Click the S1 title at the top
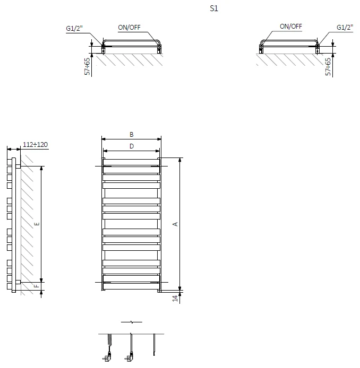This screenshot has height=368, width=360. click(x=214, y=8)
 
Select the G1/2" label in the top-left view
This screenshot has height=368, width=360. click(x=74, y=29)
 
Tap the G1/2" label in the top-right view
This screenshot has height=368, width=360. click(x=345, y=28)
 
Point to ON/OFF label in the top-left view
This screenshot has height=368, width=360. click(x=129, y=28)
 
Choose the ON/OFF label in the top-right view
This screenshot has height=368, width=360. click(x=291, y=27)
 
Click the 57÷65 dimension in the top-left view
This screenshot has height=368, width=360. click(x=87, y=66)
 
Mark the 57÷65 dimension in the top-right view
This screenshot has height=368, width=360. click(x=328, y=67)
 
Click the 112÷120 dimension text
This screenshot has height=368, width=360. click(x=35, y=145)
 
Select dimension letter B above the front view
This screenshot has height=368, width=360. click(x=132, y=135)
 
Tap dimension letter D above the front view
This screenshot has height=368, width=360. click(x=132, y=146)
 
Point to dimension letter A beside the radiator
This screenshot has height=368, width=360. click(x=175, y=224)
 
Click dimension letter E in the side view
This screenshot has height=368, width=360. click(x=37, y=224)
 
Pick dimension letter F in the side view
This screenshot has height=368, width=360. click(x=37, y=286)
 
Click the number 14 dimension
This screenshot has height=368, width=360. click(x=175, y=299)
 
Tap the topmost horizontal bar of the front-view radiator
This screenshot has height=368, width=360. click(x=131, y=162)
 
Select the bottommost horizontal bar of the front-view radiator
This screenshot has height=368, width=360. click(x=131, y=286)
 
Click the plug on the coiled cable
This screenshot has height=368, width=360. click(x=107, y=356)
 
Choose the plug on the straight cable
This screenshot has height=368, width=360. click(x=129, y=356)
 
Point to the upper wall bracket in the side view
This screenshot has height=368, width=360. click(x=18, y=167)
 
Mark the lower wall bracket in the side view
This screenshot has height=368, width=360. click(x=18, y=282)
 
